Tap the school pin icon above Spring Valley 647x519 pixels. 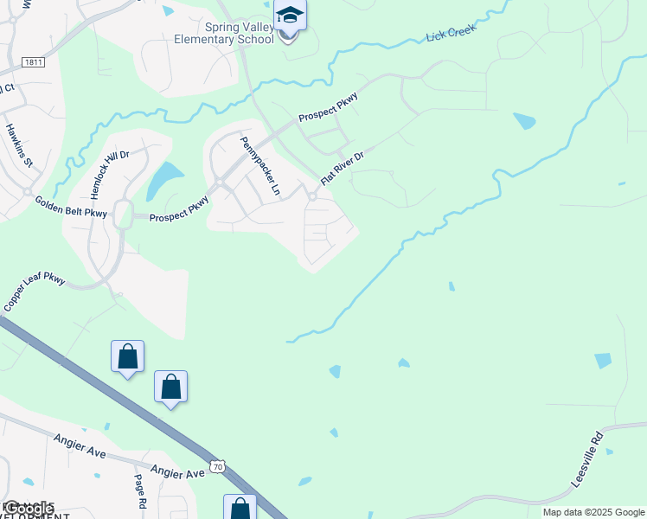point(289,16)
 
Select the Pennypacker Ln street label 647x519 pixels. point(262,165)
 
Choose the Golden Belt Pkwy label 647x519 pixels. point(71,207)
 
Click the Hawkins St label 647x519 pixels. point(19,144)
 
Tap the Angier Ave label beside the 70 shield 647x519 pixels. point(178,472)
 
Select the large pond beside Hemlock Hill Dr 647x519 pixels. point(163,180)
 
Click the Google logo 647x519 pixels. point(29,509)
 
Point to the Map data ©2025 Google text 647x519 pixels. point(593,512)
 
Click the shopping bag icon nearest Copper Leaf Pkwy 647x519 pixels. point(128,356)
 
